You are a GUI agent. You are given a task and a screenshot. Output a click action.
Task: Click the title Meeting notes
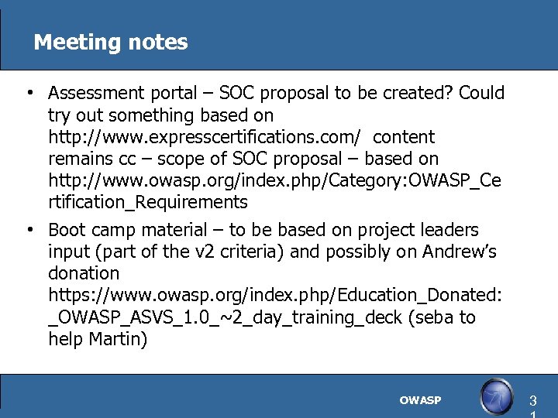[x=111, y=42]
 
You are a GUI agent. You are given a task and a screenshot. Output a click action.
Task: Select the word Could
[x=482, y=94]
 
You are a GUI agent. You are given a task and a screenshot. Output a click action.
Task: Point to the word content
[x=404, y=138]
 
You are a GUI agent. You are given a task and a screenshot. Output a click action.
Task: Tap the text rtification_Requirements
[x=147, y=203]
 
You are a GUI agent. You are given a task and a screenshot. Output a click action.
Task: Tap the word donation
[x=84, y=274]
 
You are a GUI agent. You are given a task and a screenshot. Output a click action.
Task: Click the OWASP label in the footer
[x=420, y=400]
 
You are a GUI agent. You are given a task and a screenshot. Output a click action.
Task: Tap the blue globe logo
[x=496, y=397]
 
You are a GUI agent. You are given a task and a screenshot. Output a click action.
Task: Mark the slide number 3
[x=532, y=401]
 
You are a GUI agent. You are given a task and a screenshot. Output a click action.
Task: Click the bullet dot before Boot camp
[x=28, y=231]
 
